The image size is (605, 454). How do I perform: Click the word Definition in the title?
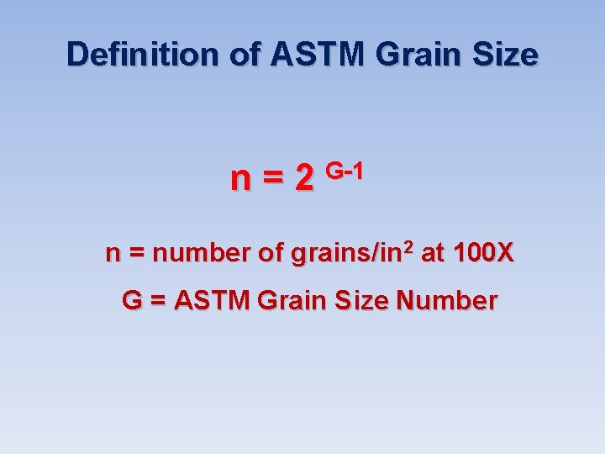click(x=144, y=55)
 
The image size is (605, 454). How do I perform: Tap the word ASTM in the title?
click(x=317, y=55)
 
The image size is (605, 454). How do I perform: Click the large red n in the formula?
click(x=240, y=178)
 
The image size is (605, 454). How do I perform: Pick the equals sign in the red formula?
click(x=273, y=178)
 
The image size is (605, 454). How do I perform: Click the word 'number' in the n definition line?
click(x=202, y=253)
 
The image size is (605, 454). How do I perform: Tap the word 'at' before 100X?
click(x=432, y=253)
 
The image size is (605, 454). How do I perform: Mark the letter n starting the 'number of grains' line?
click(x=112, y=255)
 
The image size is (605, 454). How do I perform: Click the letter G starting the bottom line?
click(x=132, y=300)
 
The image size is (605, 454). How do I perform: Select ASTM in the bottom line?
click(x=213, y=300)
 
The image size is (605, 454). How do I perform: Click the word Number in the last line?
click(x=447, y=300)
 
